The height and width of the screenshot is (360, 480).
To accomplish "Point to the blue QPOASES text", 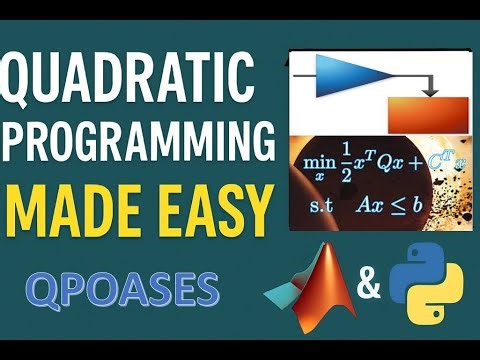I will point(123,290).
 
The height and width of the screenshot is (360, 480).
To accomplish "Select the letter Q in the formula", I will point(394,161).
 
